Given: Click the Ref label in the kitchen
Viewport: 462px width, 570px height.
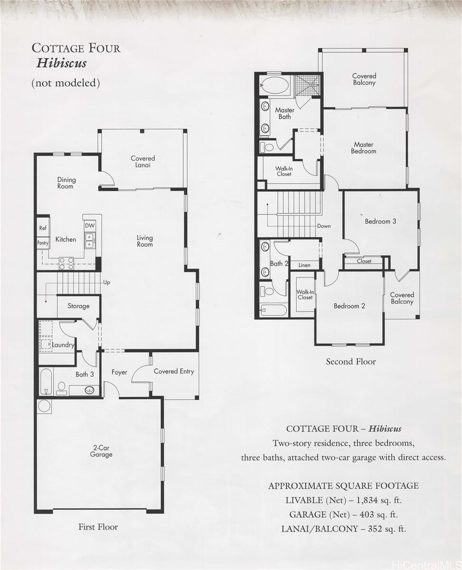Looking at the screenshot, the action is [x=43, y=228].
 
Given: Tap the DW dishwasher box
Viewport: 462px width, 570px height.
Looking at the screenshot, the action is [x=90, y=226].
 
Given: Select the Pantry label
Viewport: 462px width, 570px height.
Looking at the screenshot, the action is [x=43, y=243].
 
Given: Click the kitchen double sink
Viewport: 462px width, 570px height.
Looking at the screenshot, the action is [x=89, y=240].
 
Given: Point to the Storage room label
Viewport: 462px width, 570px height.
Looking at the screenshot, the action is [x=78, y=306].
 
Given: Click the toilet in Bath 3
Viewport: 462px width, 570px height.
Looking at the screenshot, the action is [x=62, y=389].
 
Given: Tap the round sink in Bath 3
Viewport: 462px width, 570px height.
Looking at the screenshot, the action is [x=90, y=390].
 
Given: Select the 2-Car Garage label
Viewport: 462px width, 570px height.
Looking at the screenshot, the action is [x=101, y=451].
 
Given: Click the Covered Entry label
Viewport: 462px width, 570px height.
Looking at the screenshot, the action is [x=174, y=371].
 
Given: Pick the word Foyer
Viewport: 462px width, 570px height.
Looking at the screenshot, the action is [x=119, y=372].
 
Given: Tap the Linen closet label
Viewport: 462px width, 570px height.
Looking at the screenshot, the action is [x=305, y=265].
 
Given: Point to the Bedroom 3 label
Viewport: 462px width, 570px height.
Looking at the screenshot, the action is [x=380, y=221].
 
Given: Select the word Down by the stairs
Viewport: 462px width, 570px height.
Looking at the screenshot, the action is [x=324, y=226].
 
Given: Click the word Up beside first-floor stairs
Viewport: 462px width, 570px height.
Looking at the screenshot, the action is [x=106, y=283].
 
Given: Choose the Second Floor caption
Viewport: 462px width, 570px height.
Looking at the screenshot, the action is [x=351, y=361].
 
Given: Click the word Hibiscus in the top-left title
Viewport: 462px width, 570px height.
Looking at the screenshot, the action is [x=61, y=64].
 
